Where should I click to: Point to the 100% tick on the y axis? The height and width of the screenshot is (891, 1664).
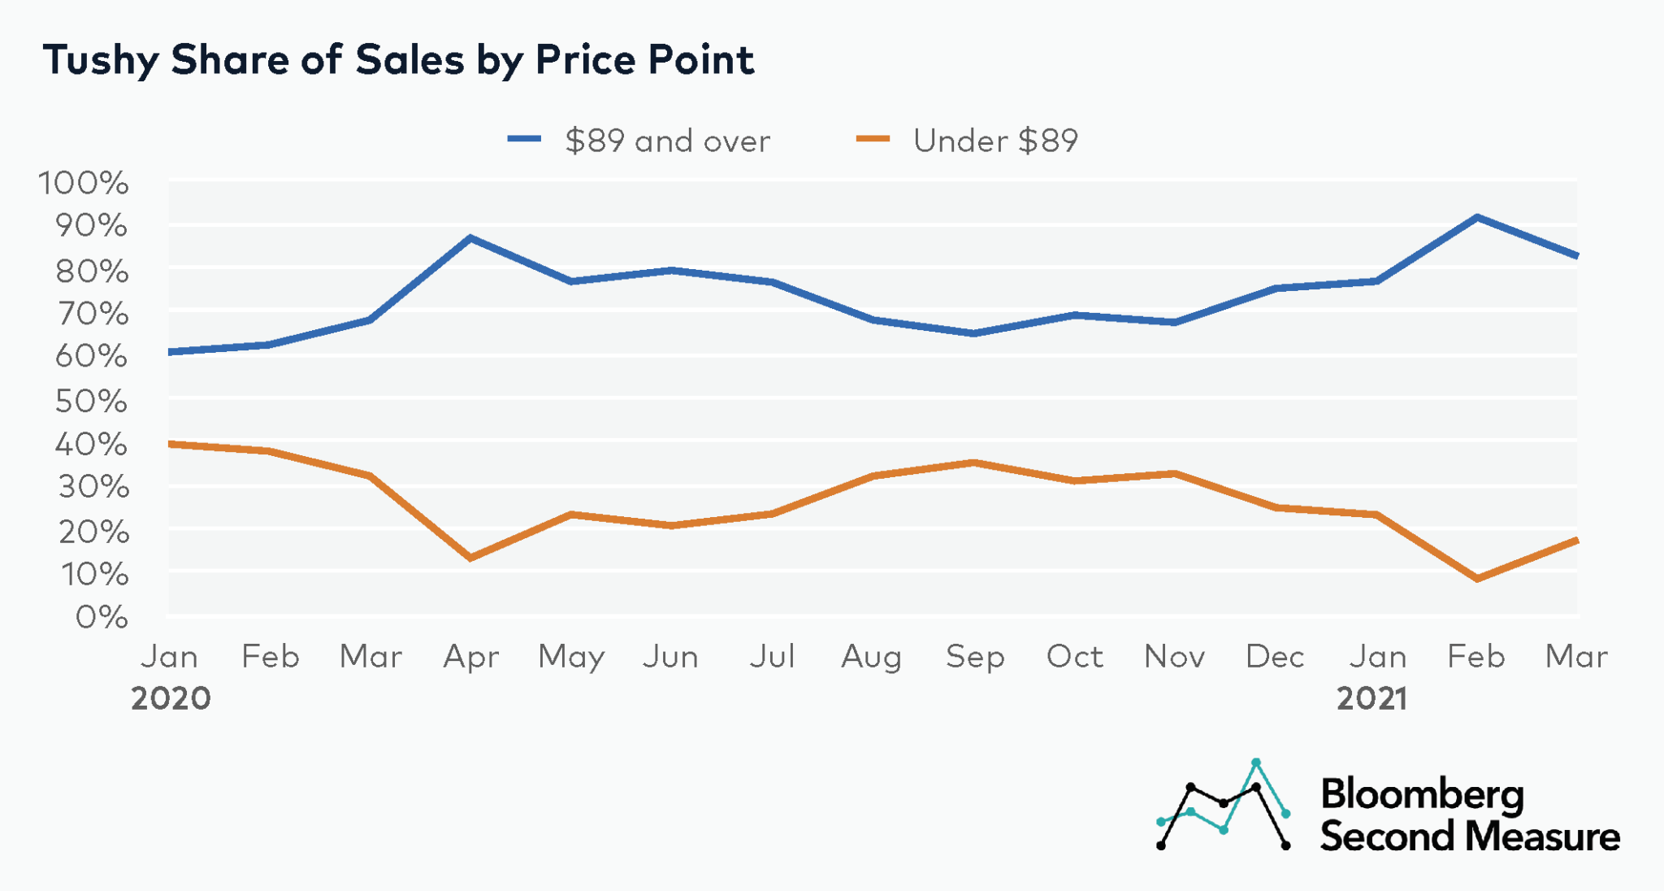pos(84,183)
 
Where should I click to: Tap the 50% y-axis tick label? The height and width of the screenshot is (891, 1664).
pos(91,401)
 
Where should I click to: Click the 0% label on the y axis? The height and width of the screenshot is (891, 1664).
pos(102,617)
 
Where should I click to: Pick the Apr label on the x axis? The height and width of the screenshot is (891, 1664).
pos(471,657)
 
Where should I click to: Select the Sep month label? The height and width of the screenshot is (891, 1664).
pos(975,657)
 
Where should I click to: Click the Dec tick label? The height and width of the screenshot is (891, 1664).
pos(1275,657)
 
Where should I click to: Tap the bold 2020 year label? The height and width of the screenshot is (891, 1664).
pos(171,698)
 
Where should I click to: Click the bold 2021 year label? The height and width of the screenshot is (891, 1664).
pos(1372,698)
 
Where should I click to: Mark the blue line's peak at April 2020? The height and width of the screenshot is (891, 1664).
pos(471,238)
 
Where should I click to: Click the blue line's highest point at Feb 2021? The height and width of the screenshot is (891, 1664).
pos(1477,217)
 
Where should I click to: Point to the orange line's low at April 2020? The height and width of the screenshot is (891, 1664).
pos(471,558)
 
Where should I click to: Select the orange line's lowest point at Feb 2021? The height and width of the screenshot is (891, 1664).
pos(1477,579)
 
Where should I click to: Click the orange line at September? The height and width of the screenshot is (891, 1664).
pos(973,463)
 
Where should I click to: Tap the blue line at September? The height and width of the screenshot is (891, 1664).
pos(973,333)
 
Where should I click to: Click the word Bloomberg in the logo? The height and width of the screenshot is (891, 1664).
pos(1422,794)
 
